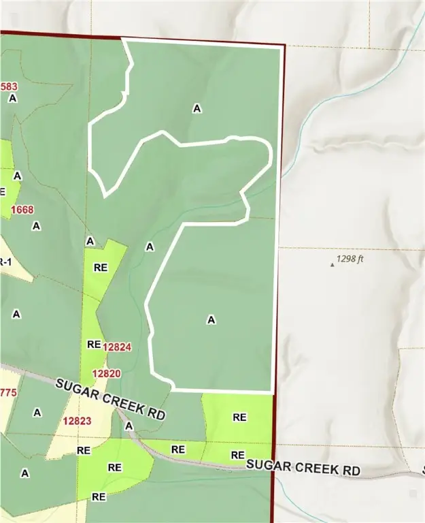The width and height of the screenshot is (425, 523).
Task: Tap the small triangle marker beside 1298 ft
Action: click(333, 264)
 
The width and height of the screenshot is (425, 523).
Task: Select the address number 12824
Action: click(117, 347)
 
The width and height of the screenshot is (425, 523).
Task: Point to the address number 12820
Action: click(106, 373)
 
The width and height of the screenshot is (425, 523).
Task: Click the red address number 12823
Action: click(77, 421)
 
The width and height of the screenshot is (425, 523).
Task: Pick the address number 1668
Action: click(22, 210)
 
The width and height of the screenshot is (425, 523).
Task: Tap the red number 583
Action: click(10, 86)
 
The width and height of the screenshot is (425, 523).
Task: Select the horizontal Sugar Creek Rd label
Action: click(303, 469)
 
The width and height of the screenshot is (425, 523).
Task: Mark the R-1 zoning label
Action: click(3, 261)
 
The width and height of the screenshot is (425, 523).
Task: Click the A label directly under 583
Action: click(12, 98)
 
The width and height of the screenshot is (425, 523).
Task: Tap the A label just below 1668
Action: click(37, 225)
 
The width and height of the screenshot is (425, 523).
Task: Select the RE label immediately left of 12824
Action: click(94, 345)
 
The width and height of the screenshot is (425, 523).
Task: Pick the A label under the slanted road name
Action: click(129, 426)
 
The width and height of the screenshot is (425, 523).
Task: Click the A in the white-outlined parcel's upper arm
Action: click(197, 108)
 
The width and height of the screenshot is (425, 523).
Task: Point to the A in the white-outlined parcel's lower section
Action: click(211, 319)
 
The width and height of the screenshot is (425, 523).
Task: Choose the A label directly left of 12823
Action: click(37, 412)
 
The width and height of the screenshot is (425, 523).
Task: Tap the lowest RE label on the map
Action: click(99, 496)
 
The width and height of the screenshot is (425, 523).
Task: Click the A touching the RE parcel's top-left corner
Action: click(90, 241)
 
